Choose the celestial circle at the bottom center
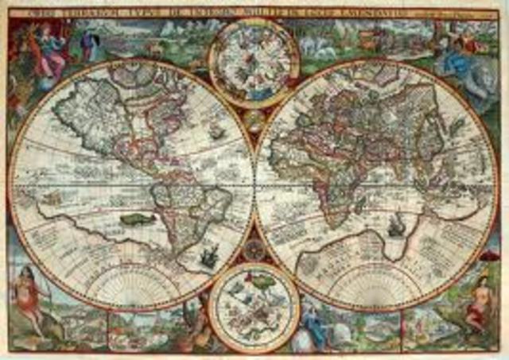[x=254, y=306]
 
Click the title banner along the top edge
[x=254, y=11]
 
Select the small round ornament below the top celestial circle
[x=254, y=119]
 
